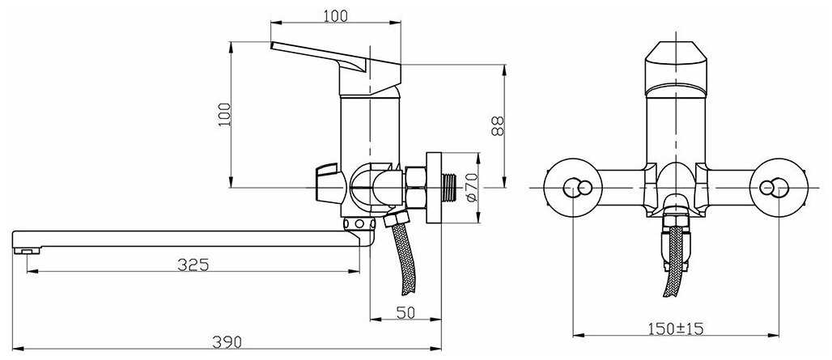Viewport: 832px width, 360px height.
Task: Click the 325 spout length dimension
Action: tap(193, 264)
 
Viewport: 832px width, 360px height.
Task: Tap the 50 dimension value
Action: tap(406, 312)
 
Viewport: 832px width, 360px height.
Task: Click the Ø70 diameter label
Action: tap(473, 187)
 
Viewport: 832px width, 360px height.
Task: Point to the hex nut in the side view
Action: tap(417, 188)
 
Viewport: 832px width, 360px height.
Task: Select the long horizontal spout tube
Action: tap(186, 239)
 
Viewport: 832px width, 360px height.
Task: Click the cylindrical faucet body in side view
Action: tap(368, 129)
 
